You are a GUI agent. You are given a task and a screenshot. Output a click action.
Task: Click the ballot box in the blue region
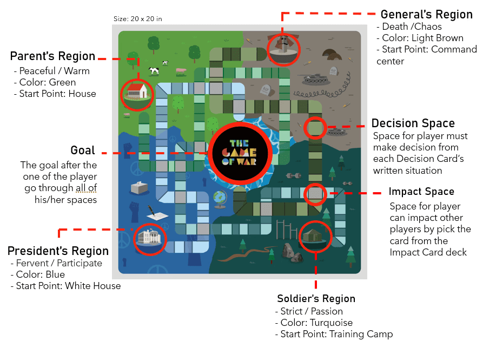click(139, 187)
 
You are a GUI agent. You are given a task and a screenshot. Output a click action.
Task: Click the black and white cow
click(154, 70)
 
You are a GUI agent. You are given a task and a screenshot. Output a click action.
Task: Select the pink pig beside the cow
click(181, 70)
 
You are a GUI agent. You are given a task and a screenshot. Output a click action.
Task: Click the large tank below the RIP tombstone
click(315, 80)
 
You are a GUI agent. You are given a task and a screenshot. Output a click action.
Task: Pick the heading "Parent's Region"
click(52, 56)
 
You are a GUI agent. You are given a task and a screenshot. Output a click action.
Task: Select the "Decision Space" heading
click(413, 123)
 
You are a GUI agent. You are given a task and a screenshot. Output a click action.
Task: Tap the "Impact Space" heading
click(421, 192)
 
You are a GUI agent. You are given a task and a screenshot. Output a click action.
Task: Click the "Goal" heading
click(83, 150)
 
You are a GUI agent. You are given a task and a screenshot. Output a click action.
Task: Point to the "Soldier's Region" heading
click(316, 298)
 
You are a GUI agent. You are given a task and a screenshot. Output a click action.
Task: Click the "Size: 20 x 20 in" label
click(137, 19)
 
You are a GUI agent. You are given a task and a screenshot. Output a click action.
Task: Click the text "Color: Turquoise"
click(316, 323)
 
